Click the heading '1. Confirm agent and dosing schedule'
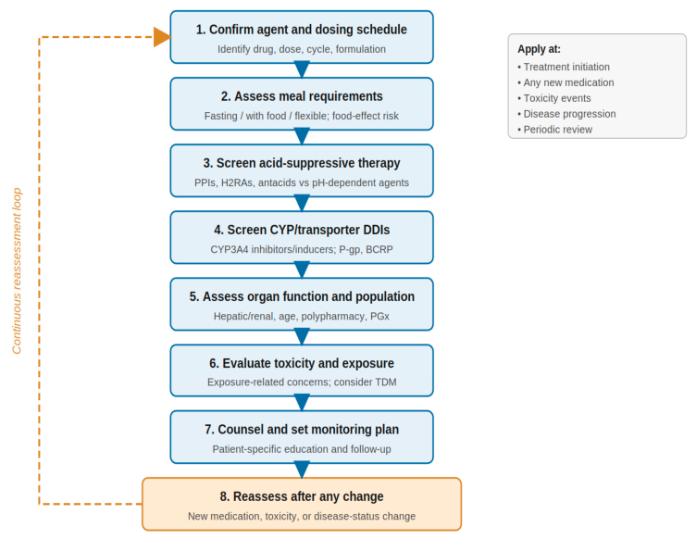[302, 30]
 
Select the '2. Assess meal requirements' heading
[302, 96]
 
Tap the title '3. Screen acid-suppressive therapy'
[302, 163]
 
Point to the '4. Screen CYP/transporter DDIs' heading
[302, 230]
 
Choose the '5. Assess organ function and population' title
[302, 296]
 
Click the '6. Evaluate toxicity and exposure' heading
[302, 363]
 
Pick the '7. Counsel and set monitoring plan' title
[302, 430]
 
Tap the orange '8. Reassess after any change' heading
[302, 496]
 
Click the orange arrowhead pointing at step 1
[163, 37]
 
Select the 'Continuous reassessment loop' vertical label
[17, 270]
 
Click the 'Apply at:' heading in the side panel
[539, 49]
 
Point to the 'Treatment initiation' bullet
[564, 67]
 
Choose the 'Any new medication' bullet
[565, 82]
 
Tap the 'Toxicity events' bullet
[554, 98]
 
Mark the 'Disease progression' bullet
[566, 114]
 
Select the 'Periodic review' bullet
[554, 130]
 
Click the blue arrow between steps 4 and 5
[302, 270]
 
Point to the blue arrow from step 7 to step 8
[302, 470]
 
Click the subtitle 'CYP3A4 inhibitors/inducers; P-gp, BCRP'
[302, 249]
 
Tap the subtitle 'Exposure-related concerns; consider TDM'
[302, 382]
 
